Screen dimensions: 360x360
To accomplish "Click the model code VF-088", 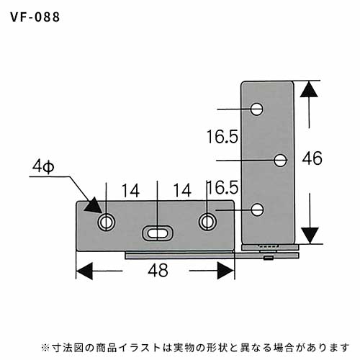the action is point(35,17).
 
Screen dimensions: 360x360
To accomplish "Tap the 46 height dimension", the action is point(312,158).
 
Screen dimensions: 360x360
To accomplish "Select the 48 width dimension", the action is point(158,270).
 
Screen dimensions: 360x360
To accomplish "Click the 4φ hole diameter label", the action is point(43,166).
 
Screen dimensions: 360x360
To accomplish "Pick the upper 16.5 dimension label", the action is point(222,137).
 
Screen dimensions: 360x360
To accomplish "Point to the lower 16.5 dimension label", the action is point(222,187).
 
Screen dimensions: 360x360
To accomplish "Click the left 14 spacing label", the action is point(130,191).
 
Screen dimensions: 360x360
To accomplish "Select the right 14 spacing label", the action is point(182,190).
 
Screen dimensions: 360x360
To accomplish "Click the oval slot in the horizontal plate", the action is point(158,233).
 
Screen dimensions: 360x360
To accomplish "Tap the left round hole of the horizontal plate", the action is point(106,222).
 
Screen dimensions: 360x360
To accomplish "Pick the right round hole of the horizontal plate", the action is point(207,222).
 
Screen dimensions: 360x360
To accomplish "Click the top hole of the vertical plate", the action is point(256,109).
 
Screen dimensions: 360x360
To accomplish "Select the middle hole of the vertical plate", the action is point(280,160).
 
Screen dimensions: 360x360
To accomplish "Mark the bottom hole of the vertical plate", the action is point(257,210).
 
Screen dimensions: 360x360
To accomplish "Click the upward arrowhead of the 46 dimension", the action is point(309,89).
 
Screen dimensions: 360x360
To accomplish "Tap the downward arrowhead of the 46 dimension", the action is point(310,235).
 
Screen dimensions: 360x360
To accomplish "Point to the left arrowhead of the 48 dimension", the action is point(84,271).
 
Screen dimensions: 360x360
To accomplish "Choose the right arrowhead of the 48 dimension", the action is point(225,271).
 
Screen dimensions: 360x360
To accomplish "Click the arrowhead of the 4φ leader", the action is point(94,206).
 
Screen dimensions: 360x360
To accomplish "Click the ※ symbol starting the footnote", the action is point(45,348).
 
